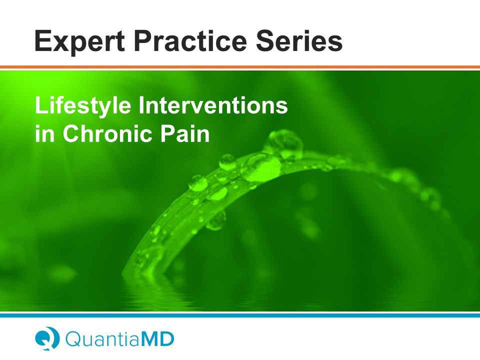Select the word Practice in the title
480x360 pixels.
(190, 40)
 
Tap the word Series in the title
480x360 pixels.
(299, 40)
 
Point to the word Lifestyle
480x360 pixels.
(83, 106)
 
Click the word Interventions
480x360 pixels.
(213, 105)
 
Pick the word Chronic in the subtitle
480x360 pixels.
(107, 133)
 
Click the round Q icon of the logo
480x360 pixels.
(47, 338)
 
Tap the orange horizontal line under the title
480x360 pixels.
(240, 67)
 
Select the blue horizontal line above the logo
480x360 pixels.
(240, 315)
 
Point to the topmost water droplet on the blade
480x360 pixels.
(284, 143)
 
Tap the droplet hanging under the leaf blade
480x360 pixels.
(216, 220)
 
